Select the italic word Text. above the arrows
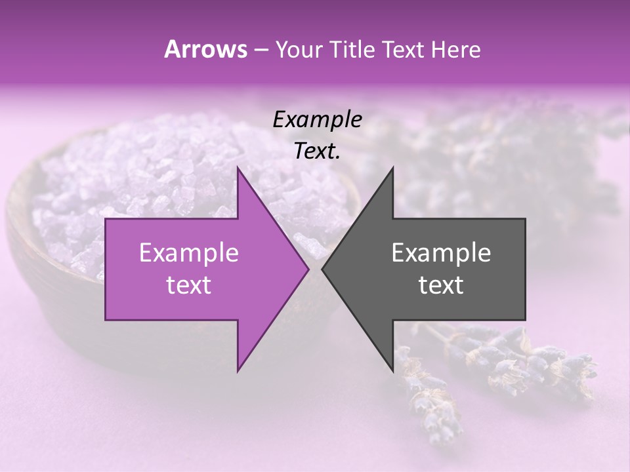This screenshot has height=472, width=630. [317, 151]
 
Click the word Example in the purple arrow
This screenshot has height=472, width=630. [188, 252]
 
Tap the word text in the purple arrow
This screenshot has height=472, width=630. [188, 285]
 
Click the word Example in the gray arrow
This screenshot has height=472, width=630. [441, 252]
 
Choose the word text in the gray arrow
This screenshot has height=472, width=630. [441, 285]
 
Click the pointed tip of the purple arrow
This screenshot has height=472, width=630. [307, 269]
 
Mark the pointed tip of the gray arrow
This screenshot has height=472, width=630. [324, 269]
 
